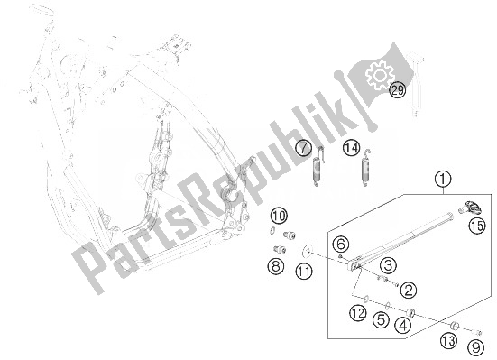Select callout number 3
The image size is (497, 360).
pyautogui.click(x=386, y=265)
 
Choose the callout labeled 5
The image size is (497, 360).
pyautogui.click(x=382, y=318)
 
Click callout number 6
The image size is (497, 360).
pyautogui.click(x=341, y=244)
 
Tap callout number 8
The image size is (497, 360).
pyautogui.click(x=274, y=265)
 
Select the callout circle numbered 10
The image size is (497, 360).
pyautogui.click(x=279, y=215)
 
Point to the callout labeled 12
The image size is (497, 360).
pyautogui.click(x=358, y=314)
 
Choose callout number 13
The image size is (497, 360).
pyautogui.click(x=448, y=341)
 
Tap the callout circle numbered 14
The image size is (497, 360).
pyautogui.click(x=351, y=146)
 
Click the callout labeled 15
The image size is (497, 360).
pyautogui.click(x=475, y=226)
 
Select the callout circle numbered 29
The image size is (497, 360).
pyautogui.click(x=398, y=89)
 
